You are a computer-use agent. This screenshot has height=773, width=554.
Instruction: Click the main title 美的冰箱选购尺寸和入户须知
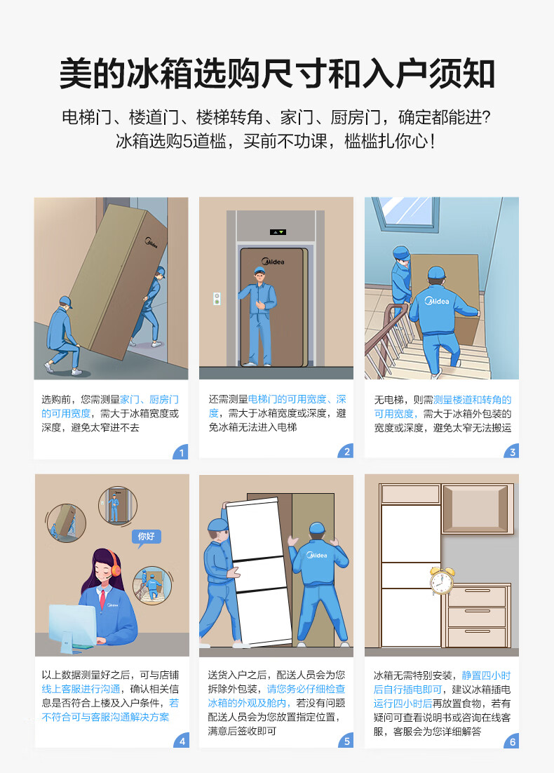277,74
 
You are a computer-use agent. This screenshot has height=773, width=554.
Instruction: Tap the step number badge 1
181,452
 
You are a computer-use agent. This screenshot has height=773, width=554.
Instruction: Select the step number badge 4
182,741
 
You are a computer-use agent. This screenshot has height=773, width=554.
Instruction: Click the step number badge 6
512,741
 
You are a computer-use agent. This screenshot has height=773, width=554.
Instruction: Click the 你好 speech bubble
147,537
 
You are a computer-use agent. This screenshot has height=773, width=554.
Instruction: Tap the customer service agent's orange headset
115,567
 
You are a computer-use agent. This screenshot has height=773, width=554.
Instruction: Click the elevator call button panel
217,298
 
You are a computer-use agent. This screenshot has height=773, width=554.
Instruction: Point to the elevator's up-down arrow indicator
278,231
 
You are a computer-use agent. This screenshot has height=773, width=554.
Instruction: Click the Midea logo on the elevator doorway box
273,261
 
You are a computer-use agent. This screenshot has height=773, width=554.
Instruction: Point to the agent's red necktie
102,600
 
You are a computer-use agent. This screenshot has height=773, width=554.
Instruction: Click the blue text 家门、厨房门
149,399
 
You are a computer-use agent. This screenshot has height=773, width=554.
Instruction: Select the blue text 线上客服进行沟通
81,689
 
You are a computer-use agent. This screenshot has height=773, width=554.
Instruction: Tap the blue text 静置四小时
486,675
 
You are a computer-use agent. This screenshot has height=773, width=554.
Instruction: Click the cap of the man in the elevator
259,270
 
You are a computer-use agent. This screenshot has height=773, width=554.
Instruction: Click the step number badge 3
512,452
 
